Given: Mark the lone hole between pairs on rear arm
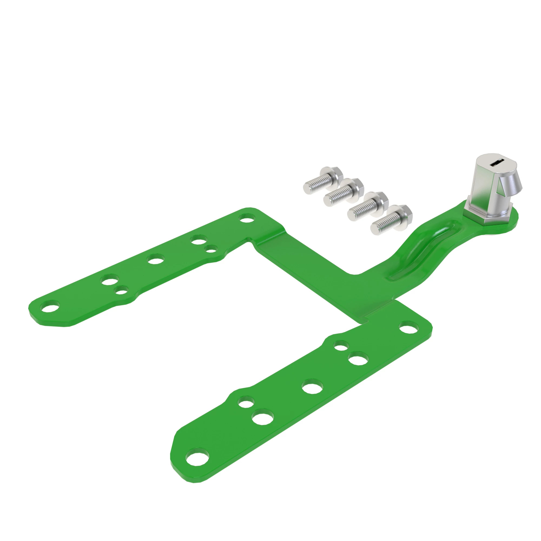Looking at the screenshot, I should [156, 259].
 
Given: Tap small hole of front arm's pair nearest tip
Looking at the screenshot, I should [246, 404].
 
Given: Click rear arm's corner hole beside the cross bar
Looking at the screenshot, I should [246, 218].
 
